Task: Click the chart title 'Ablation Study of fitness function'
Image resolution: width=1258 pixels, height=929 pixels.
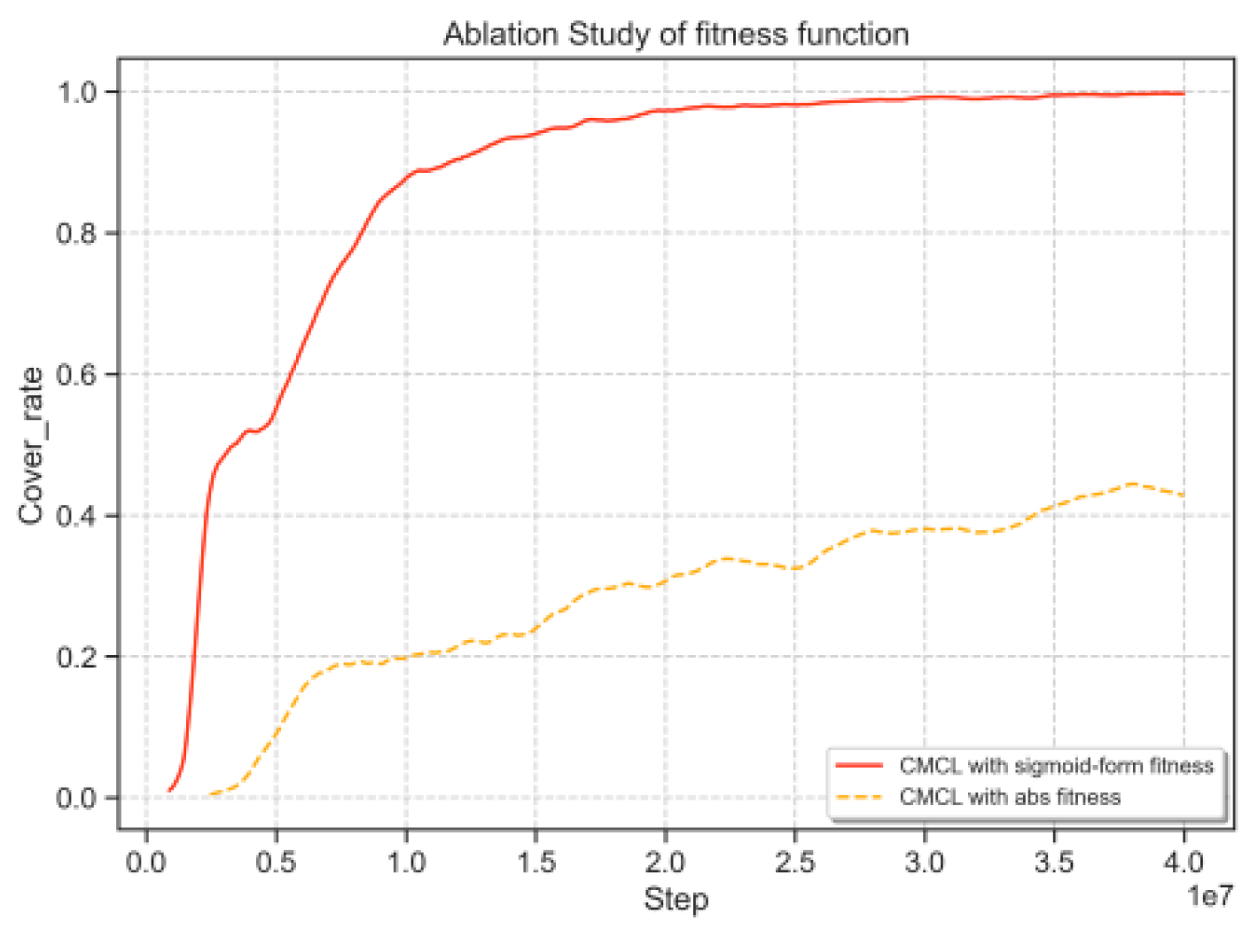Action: (x=676, y=35)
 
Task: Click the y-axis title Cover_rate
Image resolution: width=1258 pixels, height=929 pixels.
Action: (x=31, y=446)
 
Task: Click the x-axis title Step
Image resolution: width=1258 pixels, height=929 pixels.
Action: (x=676, y=899)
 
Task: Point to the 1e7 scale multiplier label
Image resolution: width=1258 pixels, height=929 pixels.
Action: (x=1209, y=896)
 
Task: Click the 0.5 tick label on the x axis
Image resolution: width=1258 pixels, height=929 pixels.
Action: (x=276, y=862)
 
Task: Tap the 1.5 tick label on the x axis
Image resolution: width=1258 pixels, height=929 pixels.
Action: (x=535, y=862)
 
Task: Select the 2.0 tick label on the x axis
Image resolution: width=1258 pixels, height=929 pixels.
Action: (x=665, y=862)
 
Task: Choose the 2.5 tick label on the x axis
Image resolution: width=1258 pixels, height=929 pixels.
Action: (x=794, y=862)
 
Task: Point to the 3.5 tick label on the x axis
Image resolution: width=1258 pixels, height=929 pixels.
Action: (x=1054, y=862)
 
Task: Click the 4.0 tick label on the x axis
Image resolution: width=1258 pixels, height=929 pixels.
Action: (x=1184, y=862)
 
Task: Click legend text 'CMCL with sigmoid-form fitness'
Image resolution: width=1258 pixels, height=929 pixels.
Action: (x=1056, y=766)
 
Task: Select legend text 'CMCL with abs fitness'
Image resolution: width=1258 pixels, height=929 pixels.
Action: (x=1010, y=797)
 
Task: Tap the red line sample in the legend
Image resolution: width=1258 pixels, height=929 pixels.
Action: (x=859, y=766)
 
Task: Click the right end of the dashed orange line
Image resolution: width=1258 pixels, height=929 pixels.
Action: (x=1184, y=495)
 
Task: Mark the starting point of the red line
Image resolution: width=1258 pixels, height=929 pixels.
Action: (x=169, y=790)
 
